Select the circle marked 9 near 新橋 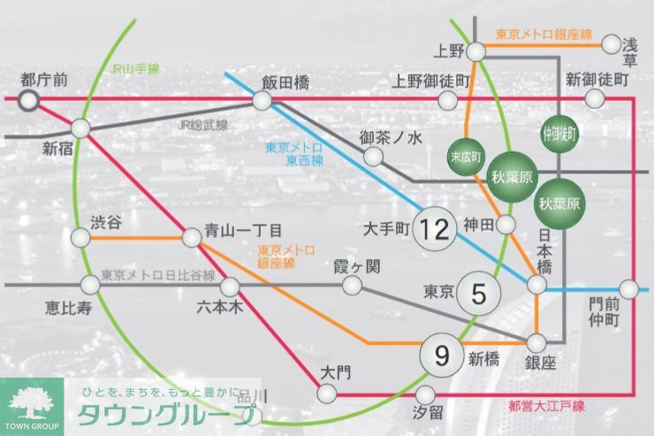point(441,356)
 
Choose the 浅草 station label point(630,52)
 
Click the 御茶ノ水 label point(392,137)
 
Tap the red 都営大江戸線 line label point(549,406)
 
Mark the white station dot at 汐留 point(426,394)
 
